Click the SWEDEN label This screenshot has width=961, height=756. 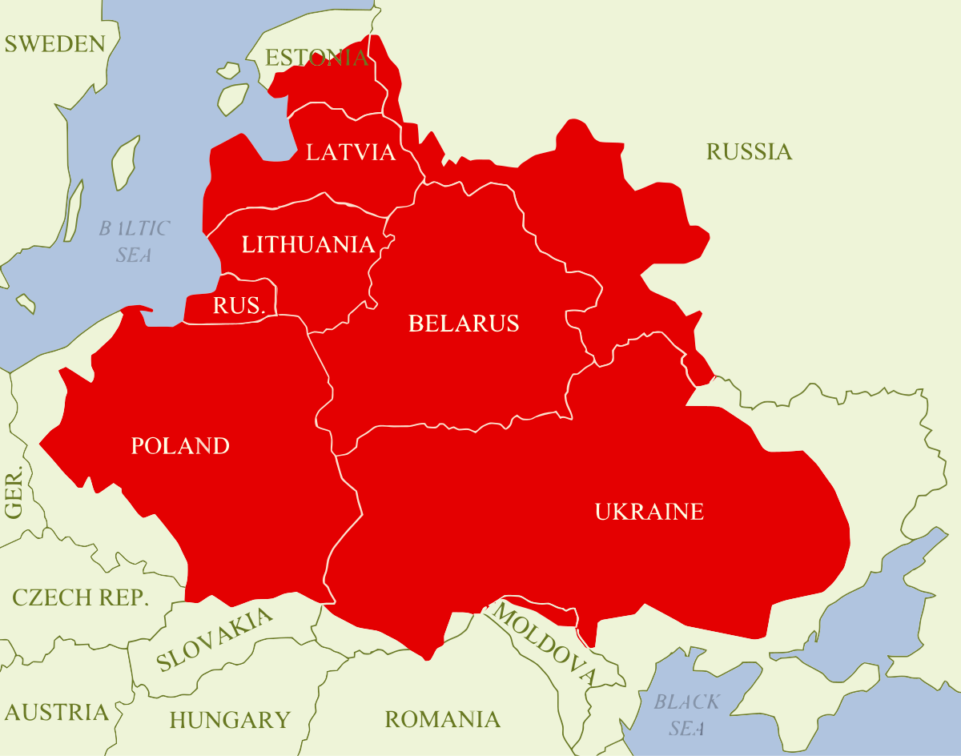click(54, 44)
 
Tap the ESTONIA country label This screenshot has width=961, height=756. click(316, 58)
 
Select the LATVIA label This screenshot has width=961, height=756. click(351, 152)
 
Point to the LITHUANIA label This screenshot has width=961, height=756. click(308, 244)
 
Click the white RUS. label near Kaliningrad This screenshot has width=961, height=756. click(239, 305)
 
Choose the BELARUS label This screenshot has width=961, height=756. click(464, 324)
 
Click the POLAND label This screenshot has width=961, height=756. click(180, 446)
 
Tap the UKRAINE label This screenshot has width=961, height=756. click(649, 512)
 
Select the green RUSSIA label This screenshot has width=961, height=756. click(749, 152)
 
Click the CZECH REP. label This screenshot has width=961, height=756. click(80, 598)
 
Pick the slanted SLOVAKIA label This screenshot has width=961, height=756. click(214, 640)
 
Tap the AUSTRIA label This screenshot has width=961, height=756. click(56, 712)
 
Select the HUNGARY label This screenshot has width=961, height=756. click(229, 720)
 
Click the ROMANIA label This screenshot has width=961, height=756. click(442, 719)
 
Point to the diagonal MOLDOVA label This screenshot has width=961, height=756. click(545, 644)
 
